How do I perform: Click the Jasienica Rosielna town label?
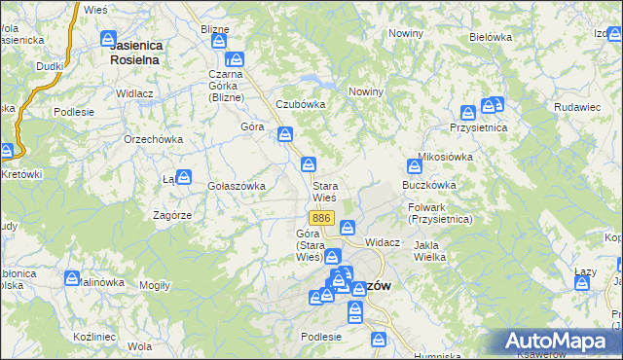[x=135, y=52]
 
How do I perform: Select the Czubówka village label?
[x=299, y=104]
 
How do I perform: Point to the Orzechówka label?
[x=154, y=139]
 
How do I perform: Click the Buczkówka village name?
[x=427, y=184]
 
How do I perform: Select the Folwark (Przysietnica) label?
[x=441, y=213]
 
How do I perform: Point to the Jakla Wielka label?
[x=429, y=251]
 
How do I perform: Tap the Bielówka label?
[x=490, y=37]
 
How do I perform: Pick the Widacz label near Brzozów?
[x=383, y=241]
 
